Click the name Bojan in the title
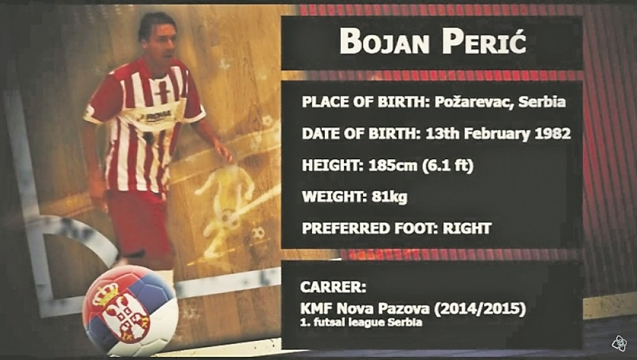385,41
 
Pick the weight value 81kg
389,197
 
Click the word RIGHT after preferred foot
467,228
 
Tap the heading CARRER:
333,287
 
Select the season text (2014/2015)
480,308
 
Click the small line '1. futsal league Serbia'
361,322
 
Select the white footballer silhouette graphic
227,202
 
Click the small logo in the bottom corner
620,343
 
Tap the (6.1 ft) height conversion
448,166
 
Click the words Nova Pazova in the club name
383,308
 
